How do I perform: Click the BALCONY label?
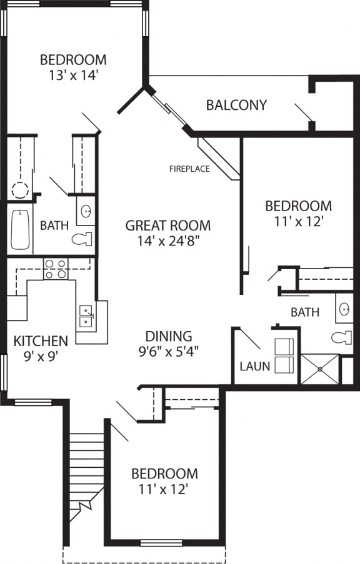point(236,105)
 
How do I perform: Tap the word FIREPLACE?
point(189,169)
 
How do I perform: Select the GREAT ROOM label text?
point(167,225)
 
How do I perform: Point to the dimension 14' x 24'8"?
point(167,240)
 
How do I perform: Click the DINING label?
point(168,336)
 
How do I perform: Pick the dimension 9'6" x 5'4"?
point(168,351)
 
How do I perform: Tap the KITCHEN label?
point(41,341)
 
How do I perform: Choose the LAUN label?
point(254,366)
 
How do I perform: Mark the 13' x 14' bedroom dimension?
point(73,75)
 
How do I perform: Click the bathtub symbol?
point(20,229)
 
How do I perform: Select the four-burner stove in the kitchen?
point(56,269)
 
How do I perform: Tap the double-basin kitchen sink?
point(86,317)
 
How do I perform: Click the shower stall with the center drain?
point(319,369)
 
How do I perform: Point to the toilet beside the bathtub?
point(82,239)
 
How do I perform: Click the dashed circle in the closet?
point(21,190)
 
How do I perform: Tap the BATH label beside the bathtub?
point(54,225)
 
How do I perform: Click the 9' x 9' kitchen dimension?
point(41,357)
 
